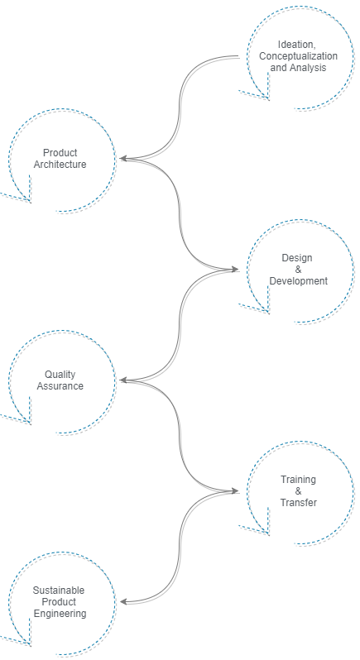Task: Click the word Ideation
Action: [296, 45]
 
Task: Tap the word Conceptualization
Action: [298, 56]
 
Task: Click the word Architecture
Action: [60, 164]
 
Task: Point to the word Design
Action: [297, 257]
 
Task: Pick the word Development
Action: [298, 280]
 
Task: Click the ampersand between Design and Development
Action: [298, 270]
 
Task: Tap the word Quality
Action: [60, 374]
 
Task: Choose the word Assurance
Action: [60, 385]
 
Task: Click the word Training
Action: [298, 480]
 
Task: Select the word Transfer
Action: [298, 502]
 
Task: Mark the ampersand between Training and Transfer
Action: [298, 490]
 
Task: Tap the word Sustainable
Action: [59, 591]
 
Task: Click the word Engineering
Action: [60, 614]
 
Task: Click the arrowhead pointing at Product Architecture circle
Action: [124, 159]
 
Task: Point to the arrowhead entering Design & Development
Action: [234, 270]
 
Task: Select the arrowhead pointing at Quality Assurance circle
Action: [124, 380]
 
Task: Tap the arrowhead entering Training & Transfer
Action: [234, 490]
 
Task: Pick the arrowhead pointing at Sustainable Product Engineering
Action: [124, 602]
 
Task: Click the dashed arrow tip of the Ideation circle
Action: [268, 100]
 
